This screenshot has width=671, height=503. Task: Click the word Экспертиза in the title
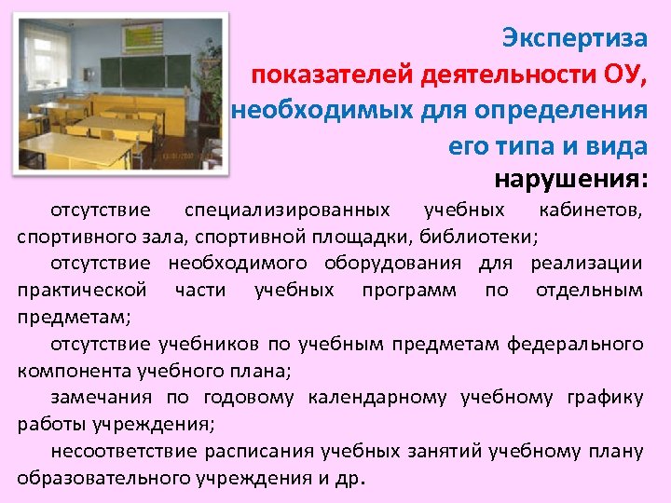573,39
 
